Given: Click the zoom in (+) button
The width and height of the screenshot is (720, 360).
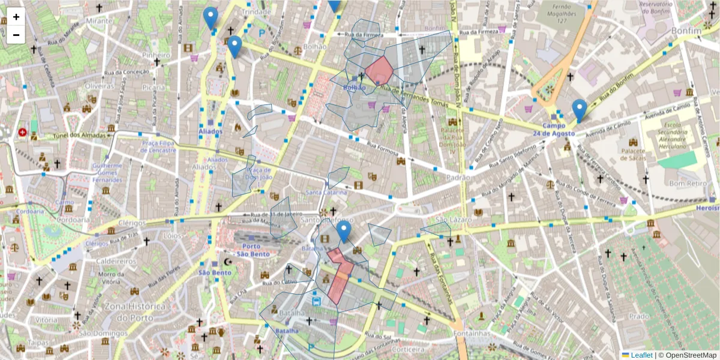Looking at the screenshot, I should (16, 17).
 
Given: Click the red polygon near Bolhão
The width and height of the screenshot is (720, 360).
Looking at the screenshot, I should (379, 71).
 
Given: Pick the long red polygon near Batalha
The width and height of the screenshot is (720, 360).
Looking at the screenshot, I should (339, 276).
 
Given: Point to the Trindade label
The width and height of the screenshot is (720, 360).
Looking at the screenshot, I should (256, 12).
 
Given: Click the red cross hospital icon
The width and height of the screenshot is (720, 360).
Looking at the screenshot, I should (22, 132).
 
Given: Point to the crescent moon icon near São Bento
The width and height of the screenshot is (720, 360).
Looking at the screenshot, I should (227, 262).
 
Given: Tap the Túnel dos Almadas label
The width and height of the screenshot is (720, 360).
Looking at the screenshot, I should (76, 136).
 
